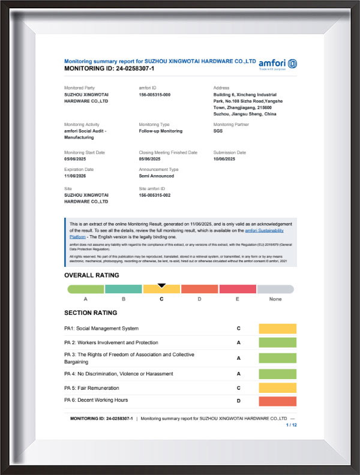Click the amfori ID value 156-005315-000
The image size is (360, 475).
pyautogui.click(x=155, y=95)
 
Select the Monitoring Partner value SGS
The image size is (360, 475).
pyautogui.click(x=218, y=131)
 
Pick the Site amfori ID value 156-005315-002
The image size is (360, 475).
pyautogui.click(x=155, y=195)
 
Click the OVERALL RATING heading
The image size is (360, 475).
pyautogui.click(x=91, y=275)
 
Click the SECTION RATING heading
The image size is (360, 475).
pyautogui.click(x=91, y=312)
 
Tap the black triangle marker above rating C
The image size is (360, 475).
pyautogui.click(x=161, y=285)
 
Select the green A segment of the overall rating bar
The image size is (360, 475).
pyautogui.click(x=86, y=289)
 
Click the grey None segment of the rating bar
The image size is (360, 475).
pyautogui.click(x=275, y=289)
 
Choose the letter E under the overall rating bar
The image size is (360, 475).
pyautogui.click(x=238, y=299)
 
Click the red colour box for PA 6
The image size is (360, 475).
pyautogui.click(x=277, y=401)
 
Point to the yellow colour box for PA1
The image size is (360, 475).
pyautogui.click(x=277, y=329)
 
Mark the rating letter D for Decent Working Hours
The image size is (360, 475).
pyautogui.click(x=239, y=401)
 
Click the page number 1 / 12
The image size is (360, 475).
pyautogui.click(x=291, y=425)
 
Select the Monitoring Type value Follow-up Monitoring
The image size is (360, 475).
pyautogui.click(x=160, y=131)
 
